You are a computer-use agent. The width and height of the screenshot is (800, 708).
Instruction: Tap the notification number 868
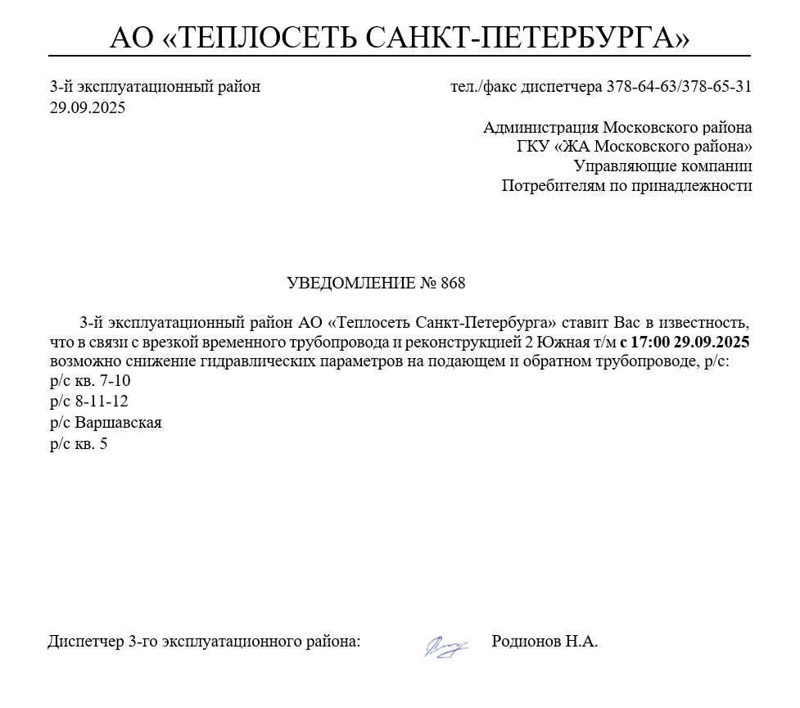(x=453, y=284)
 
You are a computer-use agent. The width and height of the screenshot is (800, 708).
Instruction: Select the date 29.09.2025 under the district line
(x=88, y=107)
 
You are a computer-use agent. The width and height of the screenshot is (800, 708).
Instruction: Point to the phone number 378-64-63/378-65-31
(x=679, y=87)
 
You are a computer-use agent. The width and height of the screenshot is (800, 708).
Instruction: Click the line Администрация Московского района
(x=617, y=127)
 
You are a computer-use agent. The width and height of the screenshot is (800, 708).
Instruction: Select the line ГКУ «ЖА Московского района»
(x=634, y=147)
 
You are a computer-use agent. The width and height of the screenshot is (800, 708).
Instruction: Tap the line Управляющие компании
(x=662, y=166)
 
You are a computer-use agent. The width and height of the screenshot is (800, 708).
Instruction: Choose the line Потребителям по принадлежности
(x=626, y=186)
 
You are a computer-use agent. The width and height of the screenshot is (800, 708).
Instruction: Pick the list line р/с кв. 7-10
(x=90, y=381)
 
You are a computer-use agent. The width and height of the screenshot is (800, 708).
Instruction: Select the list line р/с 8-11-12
(x=89, y=402)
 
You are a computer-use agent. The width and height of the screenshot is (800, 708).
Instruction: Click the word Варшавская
(x=118, y=423)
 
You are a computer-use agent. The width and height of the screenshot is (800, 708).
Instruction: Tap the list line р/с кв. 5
(x=79, y=444)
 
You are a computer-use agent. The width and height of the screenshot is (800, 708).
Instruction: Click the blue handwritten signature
(x=446, y=647)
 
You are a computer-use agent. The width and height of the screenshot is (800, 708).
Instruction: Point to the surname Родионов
(x=525, y=642)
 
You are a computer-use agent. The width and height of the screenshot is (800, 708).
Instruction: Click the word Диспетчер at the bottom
(x=85, y=642)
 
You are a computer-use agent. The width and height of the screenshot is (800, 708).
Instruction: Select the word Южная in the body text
(x=558, y=342)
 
